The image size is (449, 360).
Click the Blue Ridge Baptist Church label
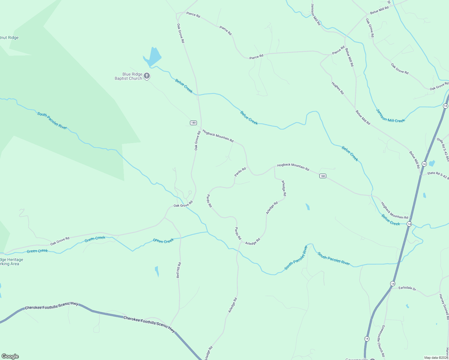[128, 76]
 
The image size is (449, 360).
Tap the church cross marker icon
[147, 76]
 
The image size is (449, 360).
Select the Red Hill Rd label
[179, 270]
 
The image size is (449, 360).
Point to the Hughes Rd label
[338, 88]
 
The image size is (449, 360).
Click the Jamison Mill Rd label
[315, 14]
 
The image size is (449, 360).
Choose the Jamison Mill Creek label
[390, 115]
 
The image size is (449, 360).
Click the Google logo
[10, 356]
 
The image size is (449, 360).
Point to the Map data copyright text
[436, 358]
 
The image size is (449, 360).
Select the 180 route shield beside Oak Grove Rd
[193, 123]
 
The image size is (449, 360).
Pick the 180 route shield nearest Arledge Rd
[323, 176]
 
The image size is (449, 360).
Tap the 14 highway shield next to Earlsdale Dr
[393, 283]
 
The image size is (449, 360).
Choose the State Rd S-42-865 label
[443, 149]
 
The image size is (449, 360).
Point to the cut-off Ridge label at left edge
[9, 38]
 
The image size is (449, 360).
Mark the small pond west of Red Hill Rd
[157, 271]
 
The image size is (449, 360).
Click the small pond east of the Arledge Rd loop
[308, 207]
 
